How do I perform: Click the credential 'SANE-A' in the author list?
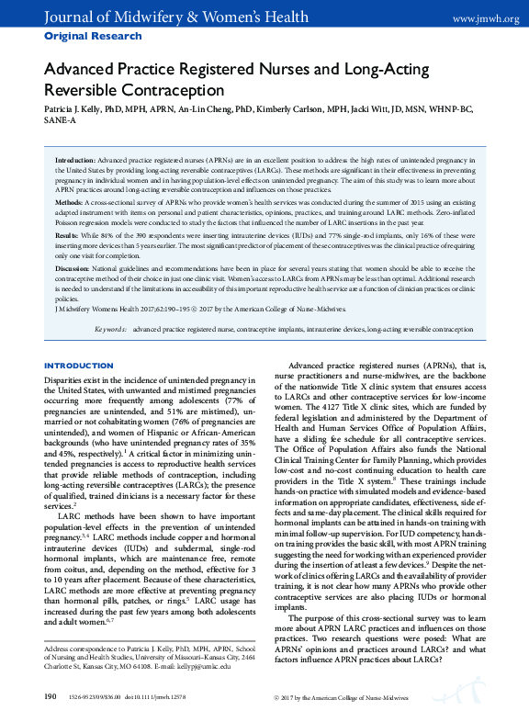click(61, 119)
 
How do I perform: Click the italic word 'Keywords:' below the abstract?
click(112, 328)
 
